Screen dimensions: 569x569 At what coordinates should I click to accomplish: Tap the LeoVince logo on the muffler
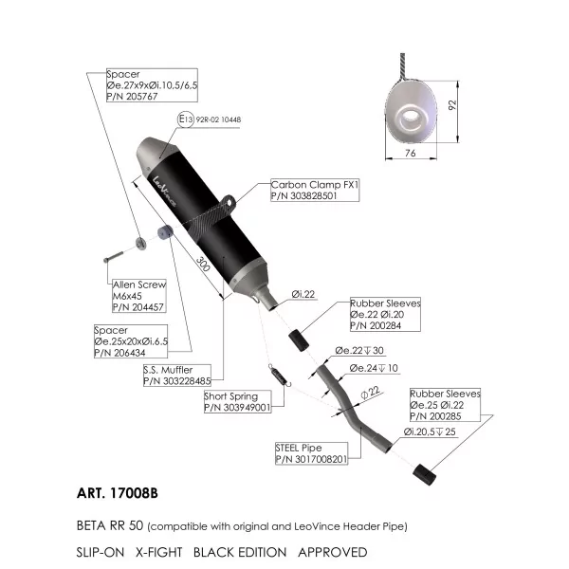tap(164, 192)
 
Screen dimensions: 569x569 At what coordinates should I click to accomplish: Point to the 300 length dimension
tap(203, 264)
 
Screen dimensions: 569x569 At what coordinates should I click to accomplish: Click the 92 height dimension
tap(452, 105)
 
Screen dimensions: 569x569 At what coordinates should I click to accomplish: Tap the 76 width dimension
tap(410, 153)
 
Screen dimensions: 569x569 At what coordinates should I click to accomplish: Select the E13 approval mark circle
tap(186, 119)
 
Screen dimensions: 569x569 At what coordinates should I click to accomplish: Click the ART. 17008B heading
tap(118, 493)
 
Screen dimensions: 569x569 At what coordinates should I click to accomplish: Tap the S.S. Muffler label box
tap(177, 376)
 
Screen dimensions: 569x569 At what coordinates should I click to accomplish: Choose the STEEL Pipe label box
tap(311, 453)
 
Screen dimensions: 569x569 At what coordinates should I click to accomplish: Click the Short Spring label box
tap(238, 402)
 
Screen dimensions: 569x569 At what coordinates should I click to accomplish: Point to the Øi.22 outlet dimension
tap(303, 294)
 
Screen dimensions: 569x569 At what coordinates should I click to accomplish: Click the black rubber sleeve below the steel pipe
tap(424, 475)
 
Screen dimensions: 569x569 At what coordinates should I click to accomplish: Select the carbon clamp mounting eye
tap(229, 202)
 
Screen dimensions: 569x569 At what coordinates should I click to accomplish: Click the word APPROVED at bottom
tap(333, 552)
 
